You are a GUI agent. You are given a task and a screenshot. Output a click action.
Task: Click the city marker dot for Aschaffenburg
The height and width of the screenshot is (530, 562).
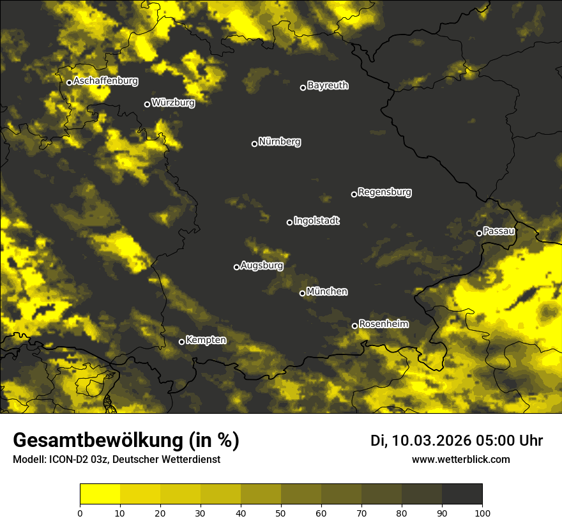69,82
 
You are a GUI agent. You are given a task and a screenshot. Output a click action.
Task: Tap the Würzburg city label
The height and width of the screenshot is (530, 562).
173,102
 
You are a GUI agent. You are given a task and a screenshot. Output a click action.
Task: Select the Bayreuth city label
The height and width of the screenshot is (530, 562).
328,86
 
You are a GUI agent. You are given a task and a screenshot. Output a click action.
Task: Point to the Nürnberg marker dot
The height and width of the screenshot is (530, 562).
254,144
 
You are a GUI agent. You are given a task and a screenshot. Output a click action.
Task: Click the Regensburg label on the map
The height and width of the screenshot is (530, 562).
384,192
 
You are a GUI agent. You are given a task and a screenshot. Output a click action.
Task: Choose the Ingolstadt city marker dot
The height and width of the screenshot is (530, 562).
289,222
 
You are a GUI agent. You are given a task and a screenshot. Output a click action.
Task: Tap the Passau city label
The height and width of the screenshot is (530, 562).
499,231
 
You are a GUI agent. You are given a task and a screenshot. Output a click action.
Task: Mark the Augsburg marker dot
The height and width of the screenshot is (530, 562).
236,267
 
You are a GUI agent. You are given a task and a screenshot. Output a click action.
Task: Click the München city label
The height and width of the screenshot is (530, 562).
327,292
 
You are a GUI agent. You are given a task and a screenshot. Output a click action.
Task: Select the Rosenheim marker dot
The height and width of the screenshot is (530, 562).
354,326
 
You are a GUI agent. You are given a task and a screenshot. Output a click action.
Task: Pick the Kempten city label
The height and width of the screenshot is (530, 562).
206,340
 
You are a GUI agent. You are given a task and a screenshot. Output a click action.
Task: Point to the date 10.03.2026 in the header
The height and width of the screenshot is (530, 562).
432,441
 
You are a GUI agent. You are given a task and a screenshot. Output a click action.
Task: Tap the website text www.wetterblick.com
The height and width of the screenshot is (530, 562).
460,459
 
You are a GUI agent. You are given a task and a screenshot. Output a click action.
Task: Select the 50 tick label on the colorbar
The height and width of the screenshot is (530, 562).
281,512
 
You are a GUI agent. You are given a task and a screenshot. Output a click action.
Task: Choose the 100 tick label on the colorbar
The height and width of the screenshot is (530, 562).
482,512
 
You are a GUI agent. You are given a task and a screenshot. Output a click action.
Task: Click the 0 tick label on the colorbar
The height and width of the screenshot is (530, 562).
80,512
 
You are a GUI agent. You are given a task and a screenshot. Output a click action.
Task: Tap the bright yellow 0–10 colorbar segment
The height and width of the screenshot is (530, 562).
100,494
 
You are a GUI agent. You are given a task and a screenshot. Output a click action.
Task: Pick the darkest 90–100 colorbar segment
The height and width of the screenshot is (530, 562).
462,494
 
